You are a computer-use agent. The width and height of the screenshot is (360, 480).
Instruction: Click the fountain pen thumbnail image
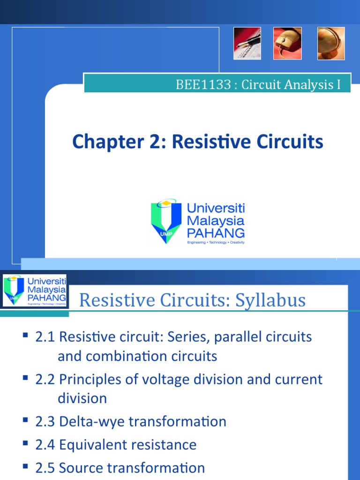pos(247,43)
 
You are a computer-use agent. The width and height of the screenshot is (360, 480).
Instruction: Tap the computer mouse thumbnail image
pos(288,43)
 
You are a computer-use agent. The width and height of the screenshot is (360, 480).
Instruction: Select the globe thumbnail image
pos(330,43)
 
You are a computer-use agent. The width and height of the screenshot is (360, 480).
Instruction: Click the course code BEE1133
pos(203,85)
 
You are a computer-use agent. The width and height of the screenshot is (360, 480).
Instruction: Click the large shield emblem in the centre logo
pos(165,221)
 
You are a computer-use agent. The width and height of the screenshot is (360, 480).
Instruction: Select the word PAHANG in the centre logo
pos(215,232)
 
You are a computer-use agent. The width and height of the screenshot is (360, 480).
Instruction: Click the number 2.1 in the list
pos(45,337)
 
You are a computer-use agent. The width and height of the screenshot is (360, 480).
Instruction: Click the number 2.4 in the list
pos(45,444)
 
